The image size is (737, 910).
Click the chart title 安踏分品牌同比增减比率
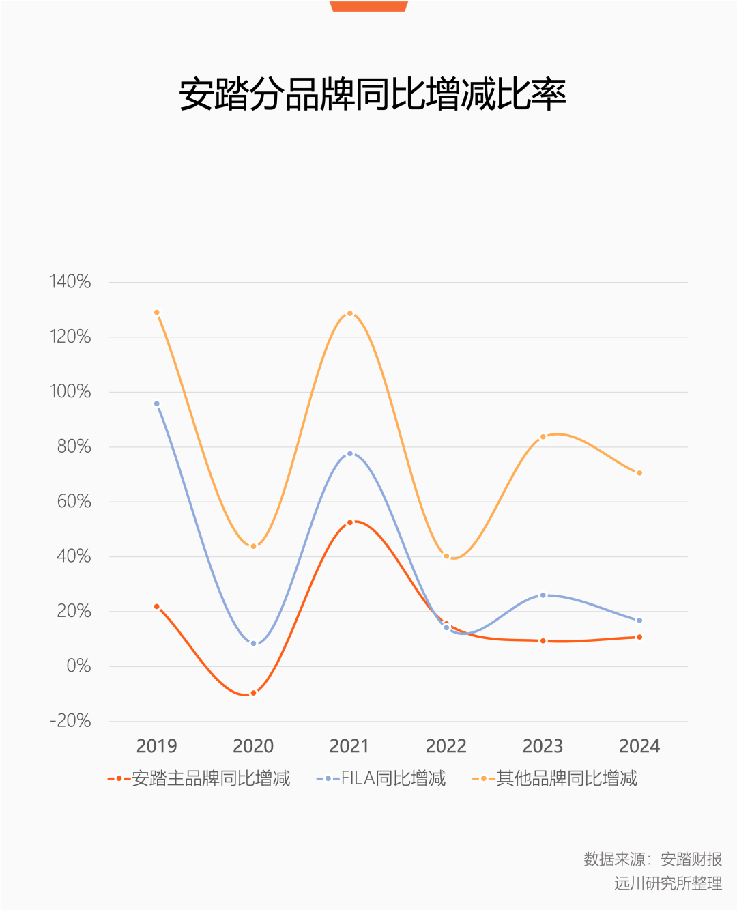[372, 94]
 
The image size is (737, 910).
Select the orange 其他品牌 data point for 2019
[157, 313]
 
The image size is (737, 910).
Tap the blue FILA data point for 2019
[157, 404]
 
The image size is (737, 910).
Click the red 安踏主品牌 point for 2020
[253, 693]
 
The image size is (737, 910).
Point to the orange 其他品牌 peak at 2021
[350, 313]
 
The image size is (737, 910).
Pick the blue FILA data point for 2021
[350, 453]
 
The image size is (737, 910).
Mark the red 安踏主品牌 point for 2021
[350, 522]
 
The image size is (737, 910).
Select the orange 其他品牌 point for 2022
[447, 556]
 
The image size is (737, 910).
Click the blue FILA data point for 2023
[543, 595]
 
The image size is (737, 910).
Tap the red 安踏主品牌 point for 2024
[639, 637]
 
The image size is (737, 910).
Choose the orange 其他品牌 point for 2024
[639, 473]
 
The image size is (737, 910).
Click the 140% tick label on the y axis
[70, 281]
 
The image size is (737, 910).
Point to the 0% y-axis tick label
[78, 666]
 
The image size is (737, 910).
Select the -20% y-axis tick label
[70, 721]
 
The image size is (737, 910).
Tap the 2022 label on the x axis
[446, 746]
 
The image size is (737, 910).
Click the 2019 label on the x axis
[157, 746]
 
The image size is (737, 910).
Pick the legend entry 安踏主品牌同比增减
[199, 778]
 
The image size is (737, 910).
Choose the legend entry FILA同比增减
[381, 778]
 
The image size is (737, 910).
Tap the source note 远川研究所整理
[667, 883]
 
